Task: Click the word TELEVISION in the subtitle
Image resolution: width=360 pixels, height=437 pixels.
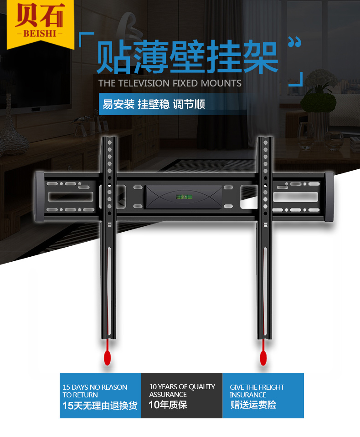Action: pos(144,83)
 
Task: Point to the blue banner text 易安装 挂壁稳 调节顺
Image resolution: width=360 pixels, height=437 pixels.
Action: pos(154,104)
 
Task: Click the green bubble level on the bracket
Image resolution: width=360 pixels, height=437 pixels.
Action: pos(183,197)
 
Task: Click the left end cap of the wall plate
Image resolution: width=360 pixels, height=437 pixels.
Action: pos(39,196)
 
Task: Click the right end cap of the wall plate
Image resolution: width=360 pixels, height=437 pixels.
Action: pos(329,197)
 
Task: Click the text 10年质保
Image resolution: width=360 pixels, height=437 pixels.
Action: pos(168,405)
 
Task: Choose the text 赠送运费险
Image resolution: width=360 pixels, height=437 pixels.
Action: pos(253,405)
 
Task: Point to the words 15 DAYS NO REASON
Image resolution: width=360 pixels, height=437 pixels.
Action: pos(95,387)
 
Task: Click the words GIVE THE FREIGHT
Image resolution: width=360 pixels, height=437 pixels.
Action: pos(257,387)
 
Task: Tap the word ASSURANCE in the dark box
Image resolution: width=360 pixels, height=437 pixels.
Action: pos(168,395)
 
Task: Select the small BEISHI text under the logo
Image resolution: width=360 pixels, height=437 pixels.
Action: pos(40,34)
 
